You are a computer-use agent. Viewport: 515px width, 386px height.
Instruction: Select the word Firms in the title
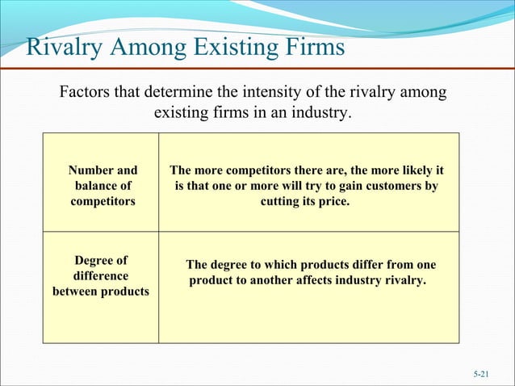[308, 48]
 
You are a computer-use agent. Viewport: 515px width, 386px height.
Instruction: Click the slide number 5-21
[481, 375]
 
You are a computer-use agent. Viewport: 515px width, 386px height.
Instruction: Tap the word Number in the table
[92, 170]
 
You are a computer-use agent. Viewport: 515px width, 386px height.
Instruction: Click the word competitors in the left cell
[103, 201]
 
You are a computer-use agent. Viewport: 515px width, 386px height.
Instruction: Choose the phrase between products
[101, 291]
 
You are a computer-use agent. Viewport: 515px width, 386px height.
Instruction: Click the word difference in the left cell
[100, 275]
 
